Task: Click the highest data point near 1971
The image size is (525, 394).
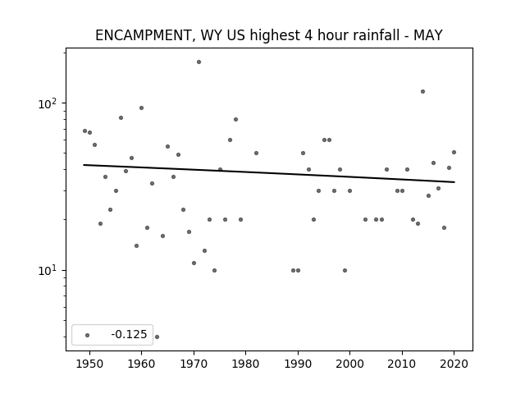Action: (199, 62)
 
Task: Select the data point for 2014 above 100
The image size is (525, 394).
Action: (423, 91)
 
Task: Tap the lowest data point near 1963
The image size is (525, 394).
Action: (157, 337)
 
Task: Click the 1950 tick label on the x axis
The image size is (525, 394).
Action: (89, 364)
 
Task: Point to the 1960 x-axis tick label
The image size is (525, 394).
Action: (141, 364)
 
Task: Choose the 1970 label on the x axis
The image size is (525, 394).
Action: (194, 364)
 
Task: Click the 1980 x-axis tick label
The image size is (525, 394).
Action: (245, 364)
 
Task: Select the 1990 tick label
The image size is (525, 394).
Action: (298, 364)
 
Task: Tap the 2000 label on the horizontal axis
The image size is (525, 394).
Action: (350, 364)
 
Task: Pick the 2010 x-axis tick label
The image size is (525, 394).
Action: (402, 364)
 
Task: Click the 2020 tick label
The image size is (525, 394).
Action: (454, 364)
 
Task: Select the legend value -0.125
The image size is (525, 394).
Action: (129, 334)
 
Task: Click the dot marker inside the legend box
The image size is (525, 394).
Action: (88, 335)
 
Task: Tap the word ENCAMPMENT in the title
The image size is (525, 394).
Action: (143, 35)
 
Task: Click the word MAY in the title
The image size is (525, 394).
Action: (428, 35)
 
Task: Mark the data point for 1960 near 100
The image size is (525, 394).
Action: (141, 108)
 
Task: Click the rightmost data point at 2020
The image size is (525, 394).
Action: (454, 152)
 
